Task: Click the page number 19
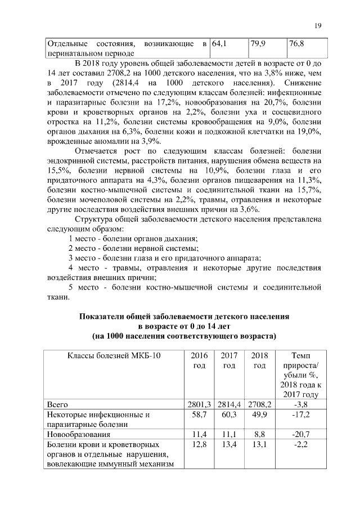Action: point(317,25)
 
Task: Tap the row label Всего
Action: point(58,404)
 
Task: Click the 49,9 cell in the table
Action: point(259,415)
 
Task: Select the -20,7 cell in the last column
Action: point(299,435)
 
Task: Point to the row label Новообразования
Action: point(79,435)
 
